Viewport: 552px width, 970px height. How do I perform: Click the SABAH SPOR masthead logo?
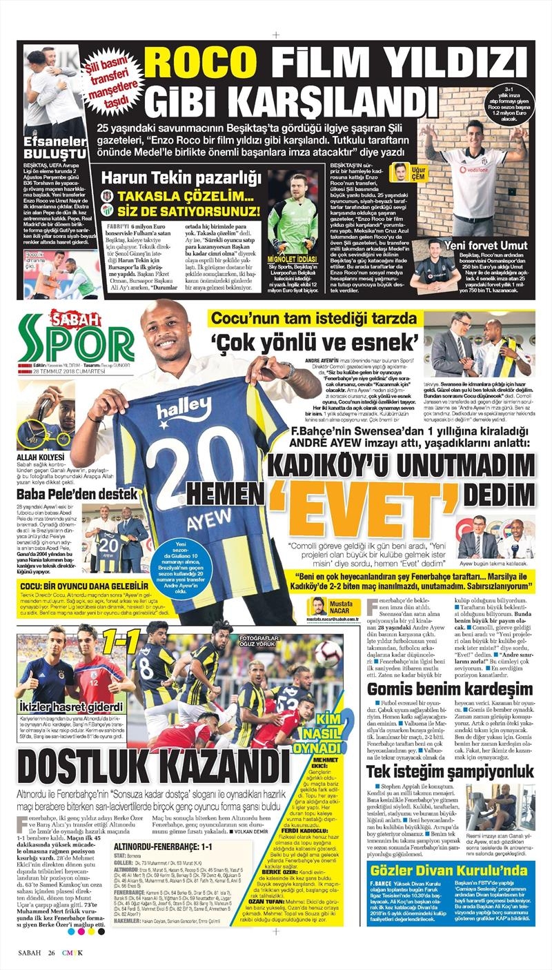(x=76, y=339)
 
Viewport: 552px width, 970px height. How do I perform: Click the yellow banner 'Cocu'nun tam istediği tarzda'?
(x=314, y=319)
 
